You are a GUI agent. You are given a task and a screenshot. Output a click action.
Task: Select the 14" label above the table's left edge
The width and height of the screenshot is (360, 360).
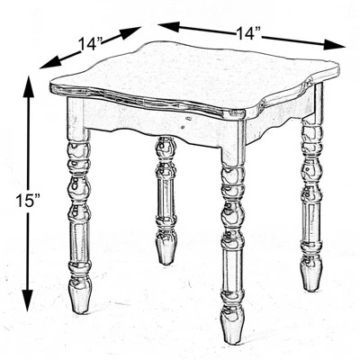(x=91, y=42)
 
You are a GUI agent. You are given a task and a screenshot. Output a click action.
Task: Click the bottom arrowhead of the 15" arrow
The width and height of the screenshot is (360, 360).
(x=30, y=305)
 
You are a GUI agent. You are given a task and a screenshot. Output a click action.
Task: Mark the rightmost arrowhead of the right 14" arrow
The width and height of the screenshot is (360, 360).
(x=339, y=45)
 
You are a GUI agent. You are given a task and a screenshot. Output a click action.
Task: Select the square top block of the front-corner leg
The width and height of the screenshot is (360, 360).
(x=232, y=144)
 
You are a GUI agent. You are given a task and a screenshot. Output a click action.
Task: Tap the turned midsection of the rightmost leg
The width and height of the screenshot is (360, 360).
(x=311, y=189)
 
